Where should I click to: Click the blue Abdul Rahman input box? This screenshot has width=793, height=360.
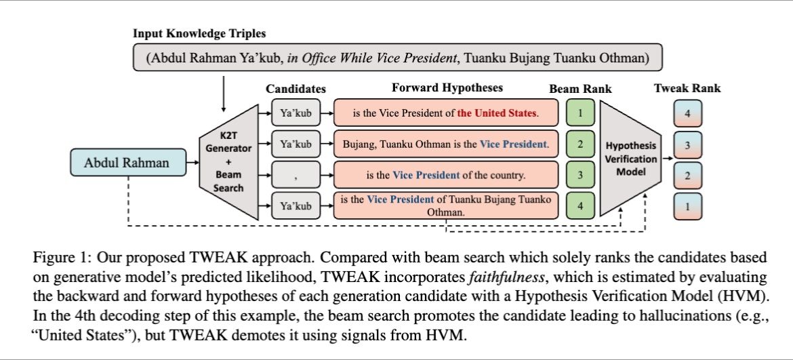pyautogui.click(x=127, y=163)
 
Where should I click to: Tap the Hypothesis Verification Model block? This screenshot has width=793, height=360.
pyautogui.click(x=631, y=160)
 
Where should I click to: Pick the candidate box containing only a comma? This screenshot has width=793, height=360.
pyautogui.click(x=296, y=175)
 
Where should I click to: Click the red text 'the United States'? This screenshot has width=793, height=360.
pyautogui.click(x=497, y=113)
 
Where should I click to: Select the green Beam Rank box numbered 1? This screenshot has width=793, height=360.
pyautogui.click(x=579, y=113)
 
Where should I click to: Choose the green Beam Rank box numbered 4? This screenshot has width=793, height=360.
pyautogui.click(x=579, y=205)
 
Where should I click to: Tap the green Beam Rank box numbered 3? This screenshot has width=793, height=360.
pyautogui.click(x=579, y=175)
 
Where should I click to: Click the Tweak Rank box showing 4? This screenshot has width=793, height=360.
pyautogui.click(x=687, y=114)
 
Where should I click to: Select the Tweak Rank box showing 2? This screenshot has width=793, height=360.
pyautogui.click(x=687, y=176)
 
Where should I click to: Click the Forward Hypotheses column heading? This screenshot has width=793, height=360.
pyautogui.click(x=447, y=88)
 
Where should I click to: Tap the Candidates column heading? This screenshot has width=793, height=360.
pyautogui.click(x=296, y=89)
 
